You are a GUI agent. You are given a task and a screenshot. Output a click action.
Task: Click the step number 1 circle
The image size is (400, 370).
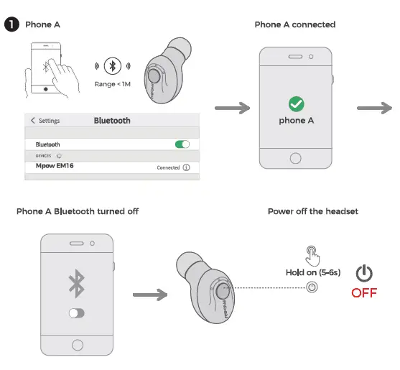pyautogui.click(x=11, y=24)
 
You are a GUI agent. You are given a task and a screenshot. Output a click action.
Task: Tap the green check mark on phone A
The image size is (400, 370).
pyautogui.click(x=296, y=103)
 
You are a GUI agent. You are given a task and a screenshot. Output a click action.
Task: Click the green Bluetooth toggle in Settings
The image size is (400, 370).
pyautogui.click(x=182, y=144)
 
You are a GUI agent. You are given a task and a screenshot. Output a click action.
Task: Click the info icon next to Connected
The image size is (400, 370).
pyautogui.click(x=186, y=167)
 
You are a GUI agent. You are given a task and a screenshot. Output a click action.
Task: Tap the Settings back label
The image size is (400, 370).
pyautogui.click(x=45, y=121)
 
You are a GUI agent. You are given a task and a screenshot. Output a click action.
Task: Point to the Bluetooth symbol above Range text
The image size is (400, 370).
pyautogui.click(x=112, y=66)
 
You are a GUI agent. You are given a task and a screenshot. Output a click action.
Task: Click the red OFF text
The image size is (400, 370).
pyautogui.click(x=364, y=293)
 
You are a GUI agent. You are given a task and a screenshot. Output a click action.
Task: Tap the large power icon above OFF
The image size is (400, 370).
pyautogui.click(x=365, y=273)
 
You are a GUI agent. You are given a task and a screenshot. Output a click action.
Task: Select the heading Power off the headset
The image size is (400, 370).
pyautogui.click(x=312, y=211)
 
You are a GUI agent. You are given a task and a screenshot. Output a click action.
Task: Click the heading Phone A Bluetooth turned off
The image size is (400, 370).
pyautogui.click(x=78, y=211)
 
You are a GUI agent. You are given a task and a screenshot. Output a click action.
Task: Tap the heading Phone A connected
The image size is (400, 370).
pyautogui.click(x=295, y=24)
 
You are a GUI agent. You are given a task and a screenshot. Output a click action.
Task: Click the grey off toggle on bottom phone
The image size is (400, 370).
pyautogui.click(x=76, y=313)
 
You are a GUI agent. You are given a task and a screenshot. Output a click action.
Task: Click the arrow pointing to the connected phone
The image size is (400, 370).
pyautogui.click(x=231, y=108)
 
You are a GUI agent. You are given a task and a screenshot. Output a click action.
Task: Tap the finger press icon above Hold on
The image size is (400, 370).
pyautogui.click(x=312, y=254)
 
